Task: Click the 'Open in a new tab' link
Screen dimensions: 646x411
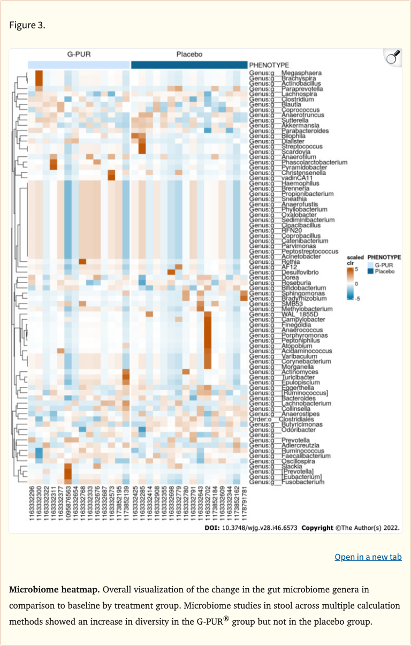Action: pos(368,557)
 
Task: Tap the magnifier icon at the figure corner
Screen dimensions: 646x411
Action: pos(393,57)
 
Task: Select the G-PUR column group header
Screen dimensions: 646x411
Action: pos(79,55)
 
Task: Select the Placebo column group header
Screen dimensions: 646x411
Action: pos(189,55)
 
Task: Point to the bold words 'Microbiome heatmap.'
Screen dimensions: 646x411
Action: pos(54,590)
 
